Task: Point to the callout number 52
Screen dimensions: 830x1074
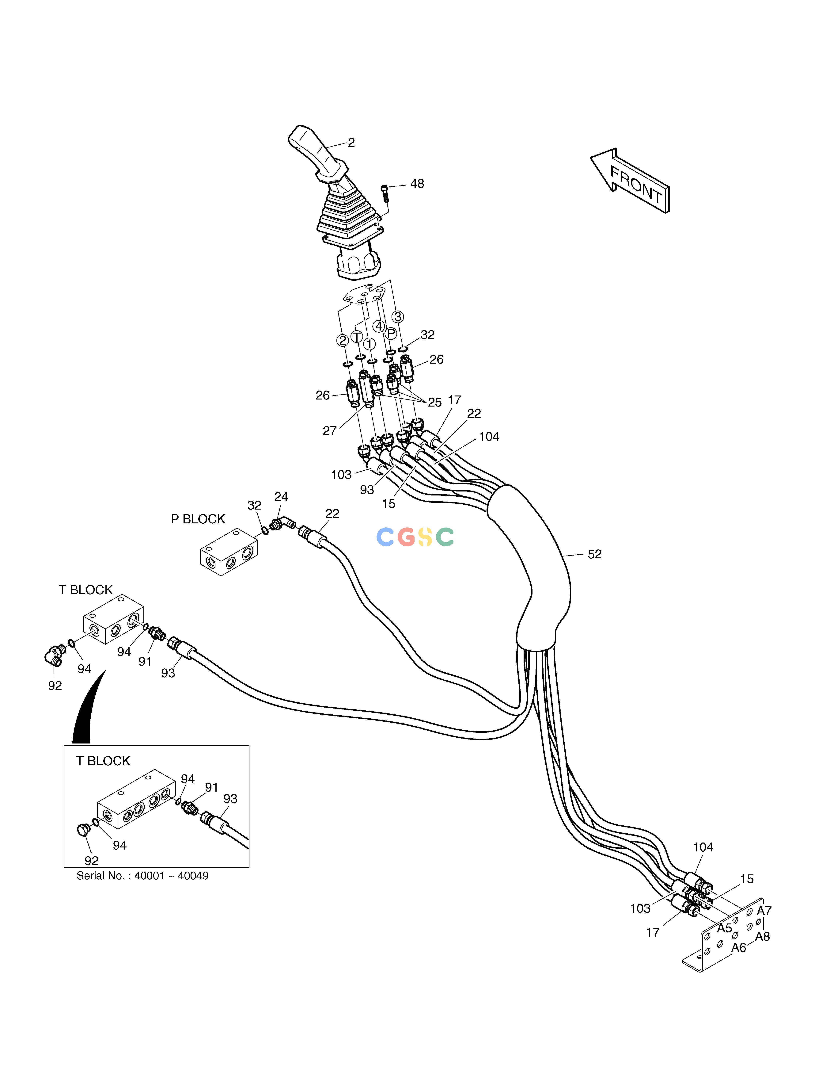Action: coord(595,554)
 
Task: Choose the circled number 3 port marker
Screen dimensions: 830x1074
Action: coord(398,317)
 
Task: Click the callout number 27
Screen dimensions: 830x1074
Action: coord(329,431)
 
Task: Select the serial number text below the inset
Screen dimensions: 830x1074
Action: coord(142,876)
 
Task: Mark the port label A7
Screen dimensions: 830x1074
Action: coord(764,911)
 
